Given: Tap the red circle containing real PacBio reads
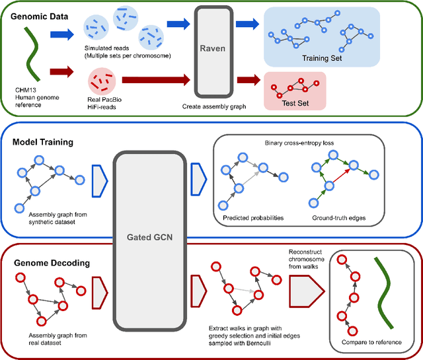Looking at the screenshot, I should point(102,83).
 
